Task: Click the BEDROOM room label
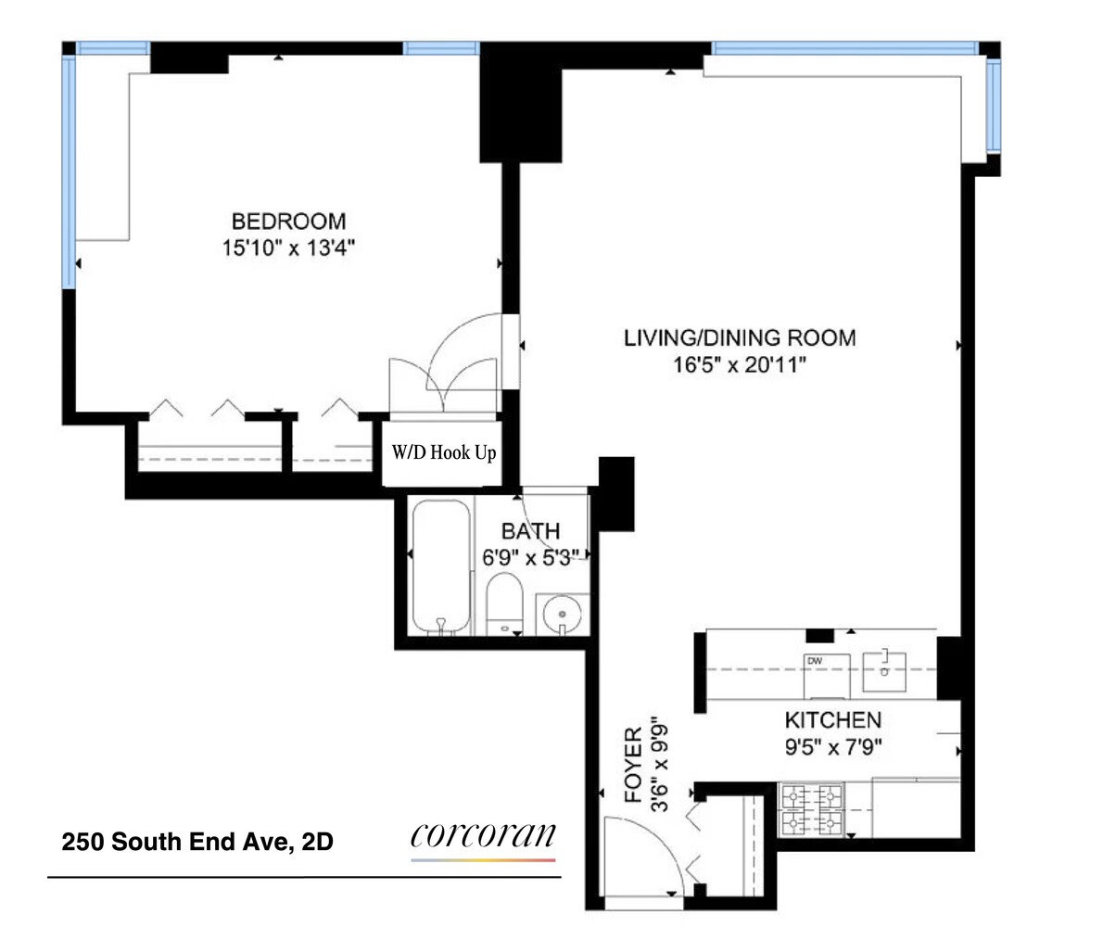tap(288, 222)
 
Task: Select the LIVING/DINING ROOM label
tap(739, 337)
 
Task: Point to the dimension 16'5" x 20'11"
tap(739, 365)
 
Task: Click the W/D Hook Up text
tap(444, 454)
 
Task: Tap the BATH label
tap(530, 531)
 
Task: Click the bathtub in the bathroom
tap(441, 567)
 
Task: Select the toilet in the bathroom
tap(505, 603)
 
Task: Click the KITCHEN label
tap(832, 720)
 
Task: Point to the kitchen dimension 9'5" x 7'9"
tap(832, 746)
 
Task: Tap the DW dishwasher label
tap(815, 660)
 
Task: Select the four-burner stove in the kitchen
tap(813, 809)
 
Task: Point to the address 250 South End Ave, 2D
tap(197, 843)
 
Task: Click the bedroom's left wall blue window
tap(68, 171)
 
